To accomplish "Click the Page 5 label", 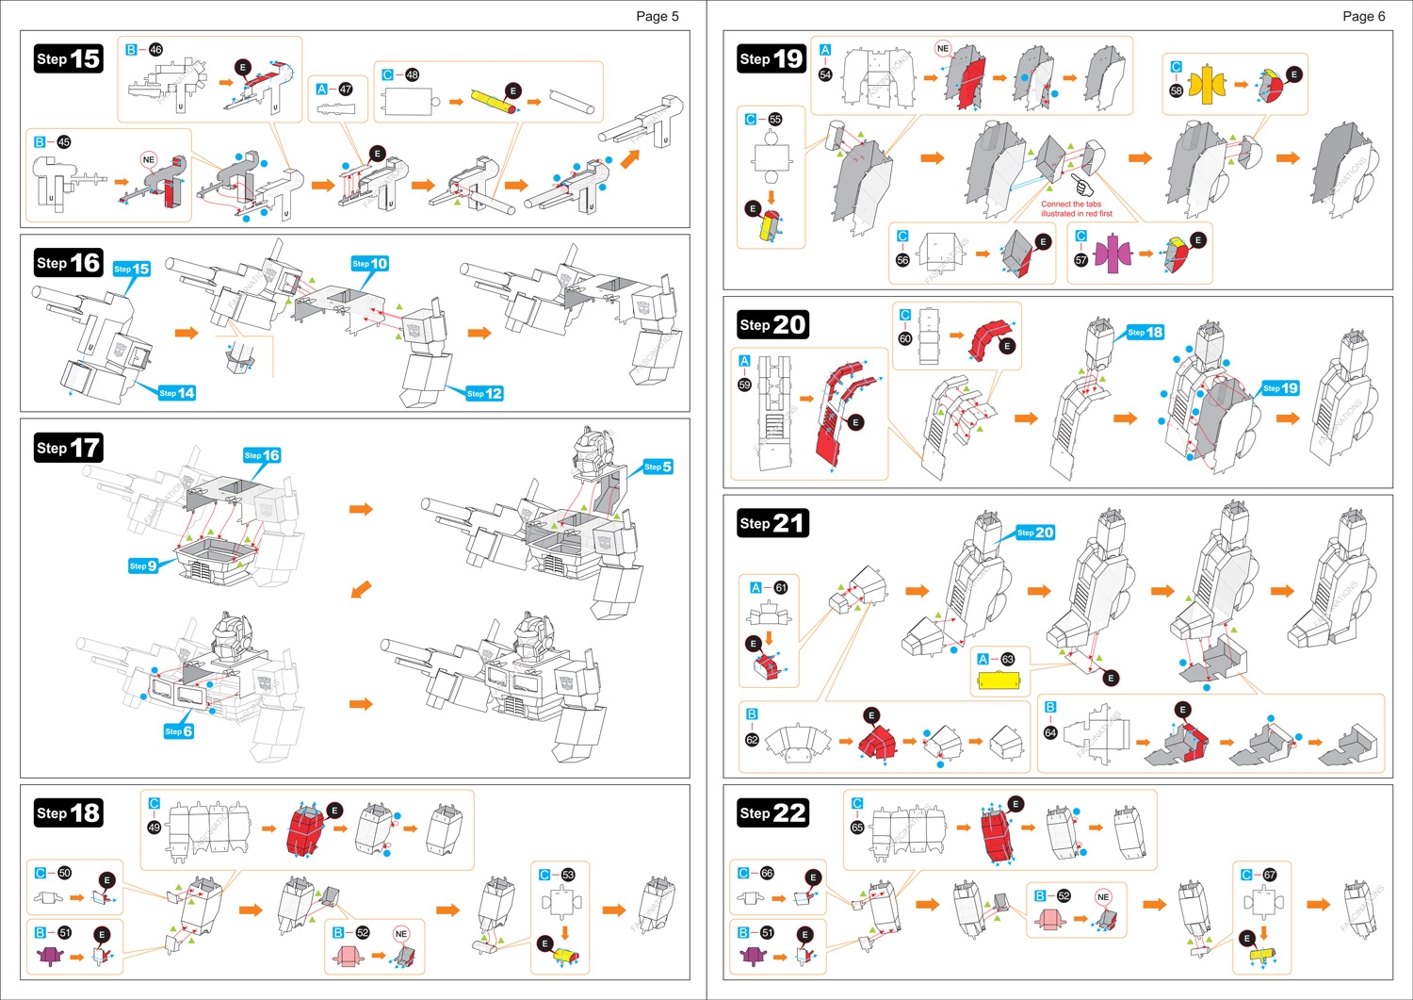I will click(657, 16).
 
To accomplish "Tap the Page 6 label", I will click(1363, 16).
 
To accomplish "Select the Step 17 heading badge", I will click(68, 448).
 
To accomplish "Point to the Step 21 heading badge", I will click(771, 523).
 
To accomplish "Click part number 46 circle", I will click(155, 50).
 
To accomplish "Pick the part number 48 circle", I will click(412, 74).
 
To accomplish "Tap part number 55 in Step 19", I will click(775, 120).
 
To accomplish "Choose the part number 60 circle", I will click(905, 338).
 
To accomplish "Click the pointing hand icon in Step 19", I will click(1082, 186).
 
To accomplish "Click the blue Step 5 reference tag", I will click(657, 467).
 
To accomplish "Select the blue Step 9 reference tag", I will click(143, 566).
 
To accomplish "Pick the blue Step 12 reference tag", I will click(484, 393).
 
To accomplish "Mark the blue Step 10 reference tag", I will click(369, 264).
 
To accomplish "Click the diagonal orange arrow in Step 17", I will click(360, 590).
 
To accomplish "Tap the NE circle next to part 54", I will click(943, 48).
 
